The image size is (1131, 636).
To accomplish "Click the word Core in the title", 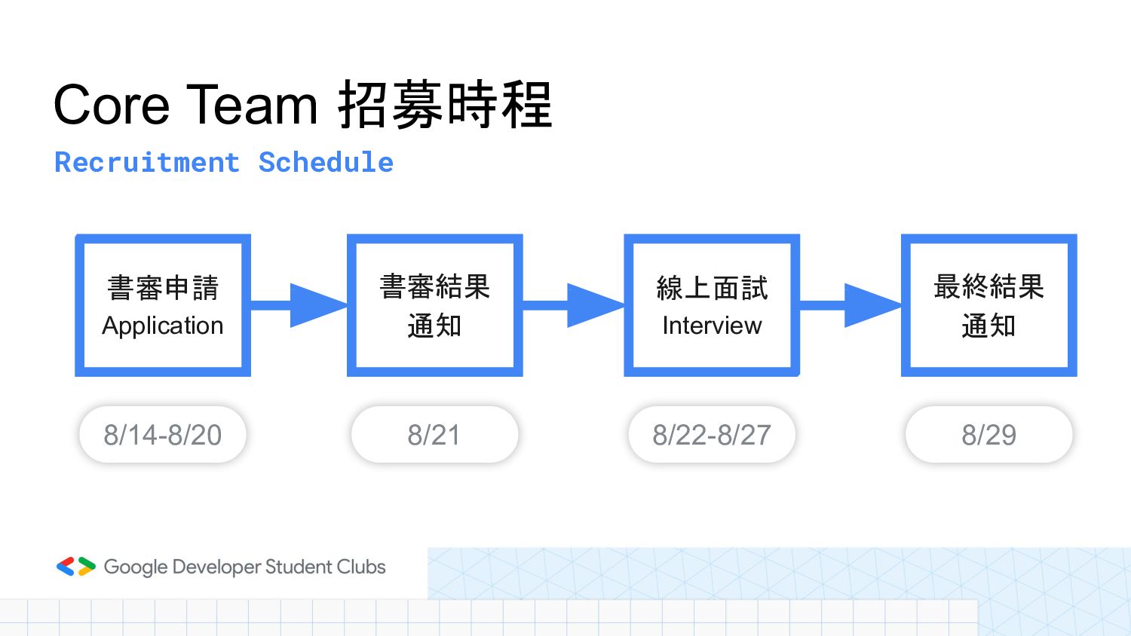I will [x=112, y=105].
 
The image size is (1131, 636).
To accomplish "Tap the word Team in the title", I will [x=252, y=105].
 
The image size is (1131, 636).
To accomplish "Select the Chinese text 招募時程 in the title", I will [x=445, y=105].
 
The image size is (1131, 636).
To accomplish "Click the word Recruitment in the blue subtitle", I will [x=147, y=163].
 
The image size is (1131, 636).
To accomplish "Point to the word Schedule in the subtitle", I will [x=326, y=163].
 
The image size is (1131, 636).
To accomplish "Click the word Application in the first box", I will [x=163, y=326].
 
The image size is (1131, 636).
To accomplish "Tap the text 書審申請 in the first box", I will [x=163, y=287].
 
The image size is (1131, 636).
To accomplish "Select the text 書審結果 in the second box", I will [x=434, y=287].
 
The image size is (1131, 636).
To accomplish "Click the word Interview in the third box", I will [x=712, y=326].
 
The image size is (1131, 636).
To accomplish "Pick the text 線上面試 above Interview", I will [x=712, y=287].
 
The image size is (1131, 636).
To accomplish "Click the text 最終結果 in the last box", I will [x=988, y=287].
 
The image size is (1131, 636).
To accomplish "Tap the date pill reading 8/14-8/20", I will [x=163, y=435].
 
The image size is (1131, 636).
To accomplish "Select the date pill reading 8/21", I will [x=434, y=435].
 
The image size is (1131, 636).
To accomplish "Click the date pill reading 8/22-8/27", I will [x=712, y=435].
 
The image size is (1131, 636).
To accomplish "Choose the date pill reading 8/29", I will [x=988, y=435].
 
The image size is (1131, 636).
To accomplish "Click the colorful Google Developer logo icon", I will [x=76, y=567].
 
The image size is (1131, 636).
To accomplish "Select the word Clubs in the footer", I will [x=361, y=567].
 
